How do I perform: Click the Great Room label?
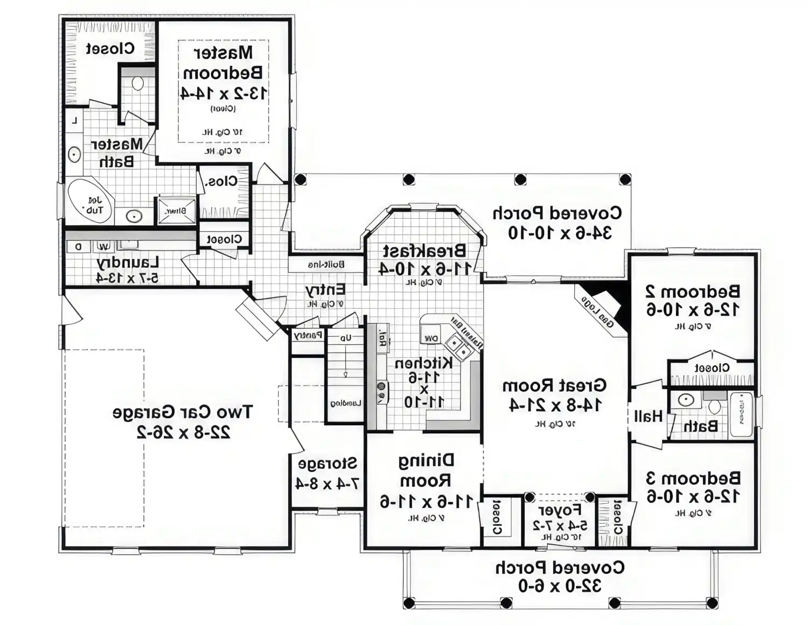(x=554, y=386)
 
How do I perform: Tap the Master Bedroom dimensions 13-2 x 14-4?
(x=224, y=93)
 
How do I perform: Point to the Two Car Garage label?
(x=182, y=413)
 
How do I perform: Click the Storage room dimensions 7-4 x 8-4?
(x=327, y=483)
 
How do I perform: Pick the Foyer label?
(x=560, y=510)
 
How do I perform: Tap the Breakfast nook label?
(x=424, y=251)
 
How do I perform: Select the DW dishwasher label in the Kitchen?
(x=431, y=338)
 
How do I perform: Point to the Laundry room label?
(x=128, y=263)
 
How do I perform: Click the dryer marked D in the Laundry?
(x=79, y=247)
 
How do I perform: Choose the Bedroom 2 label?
(x=693, y=291)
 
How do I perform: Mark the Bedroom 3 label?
(x=693, y=478)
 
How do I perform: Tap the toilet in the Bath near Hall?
(x=714, y=405)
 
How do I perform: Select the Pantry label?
(x=308, y=335)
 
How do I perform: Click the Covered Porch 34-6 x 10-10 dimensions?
(x=560, y=233)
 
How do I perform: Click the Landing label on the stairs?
(x=345, y=403)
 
